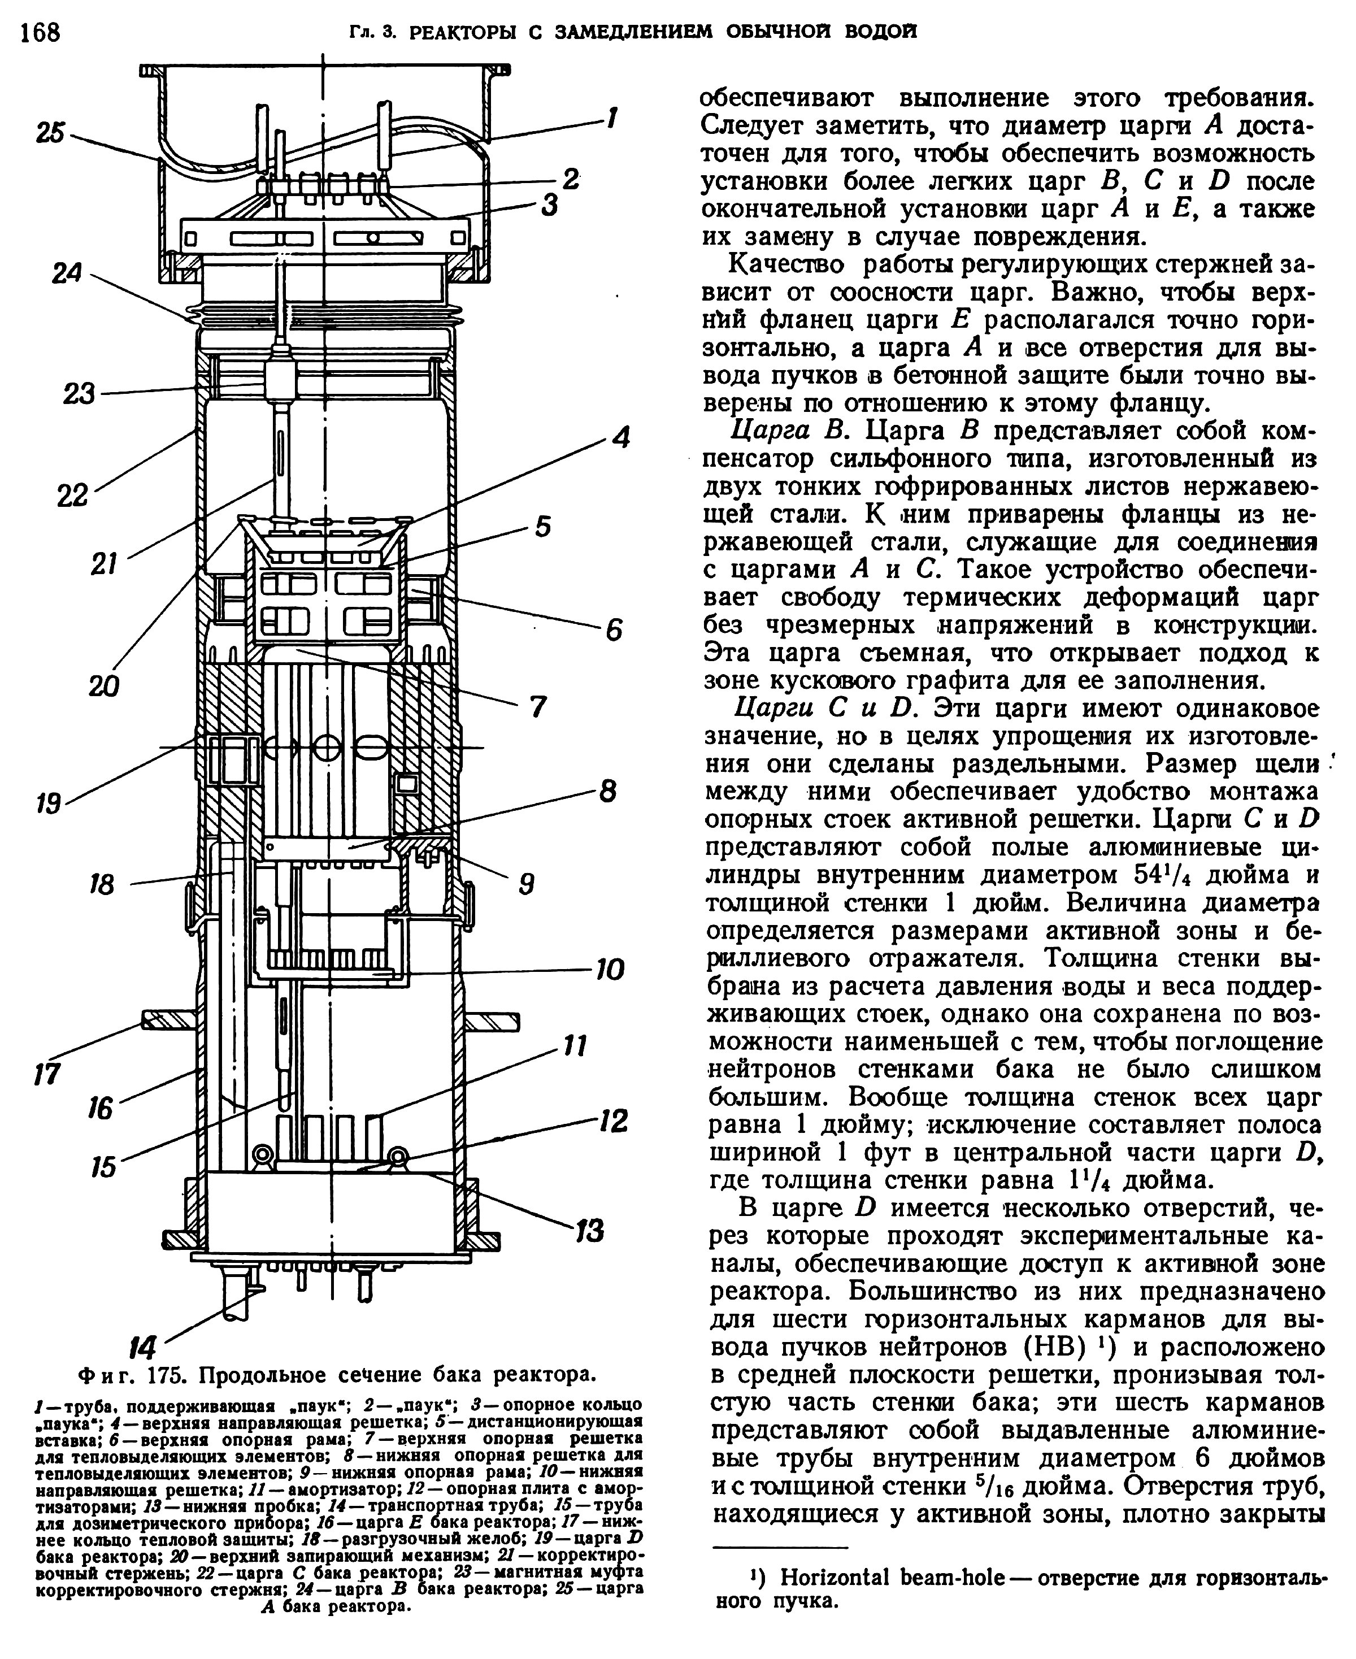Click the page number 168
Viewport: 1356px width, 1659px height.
(x=40, y=32)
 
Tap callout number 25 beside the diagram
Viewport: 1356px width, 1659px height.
(x=51, y=132)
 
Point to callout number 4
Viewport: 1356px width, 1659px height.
(x=620, y=437)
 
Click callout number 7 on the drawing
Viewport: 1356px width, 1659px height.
(x=537, y=707)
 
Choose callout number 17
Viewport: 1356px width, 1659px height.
(x=47, y=1073)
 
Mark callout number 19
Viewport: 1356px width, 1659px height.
(x=49, y=803)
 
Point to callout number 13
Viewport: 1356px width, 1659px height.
(x=590, y=1232)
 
